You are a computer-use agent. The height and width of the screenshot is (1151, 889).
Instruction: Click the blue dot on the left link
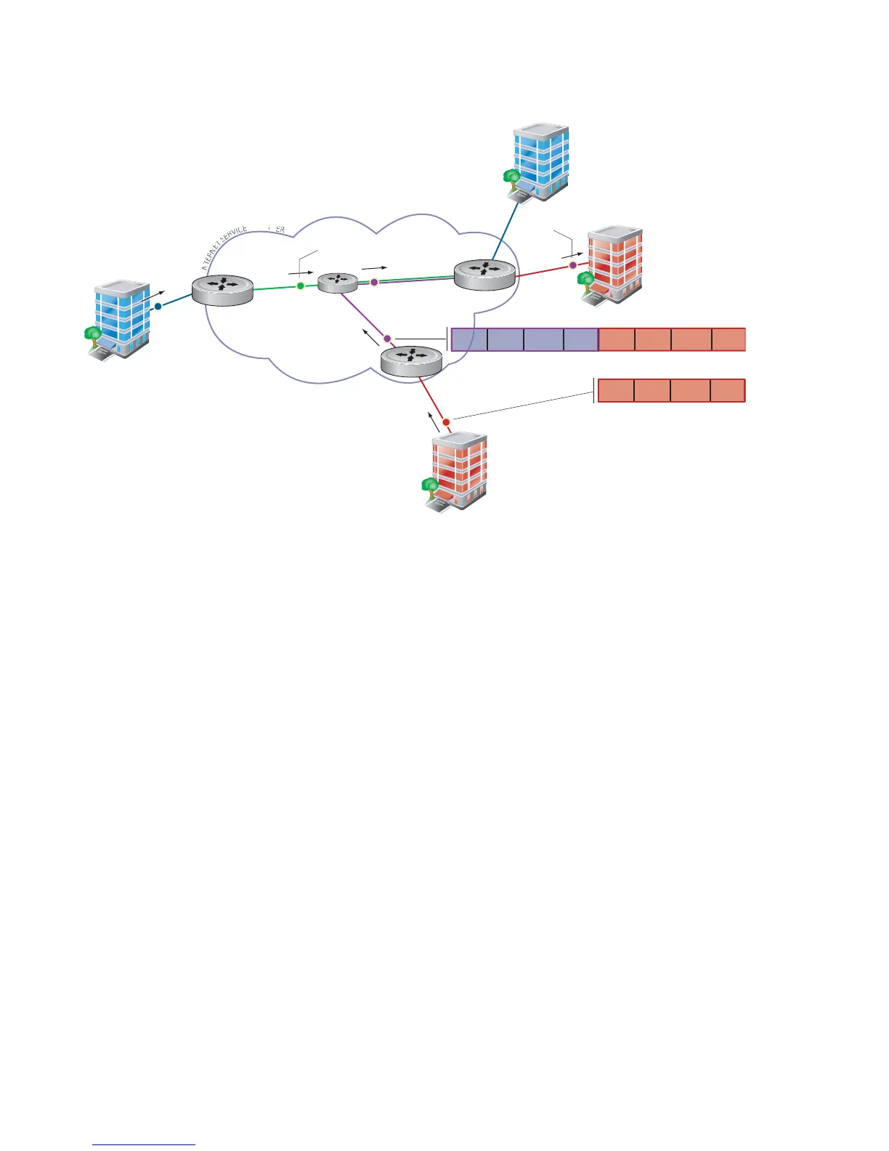click(158, 306)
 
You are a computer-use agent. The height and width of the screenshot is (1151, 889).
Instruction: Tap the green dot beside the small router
click(300, 286)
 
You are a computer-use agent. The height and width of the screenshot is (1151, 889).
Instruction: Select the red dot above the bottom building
click(446, 421)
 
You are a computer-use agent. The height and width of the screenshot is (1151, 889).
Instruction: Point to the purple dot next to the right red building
click(572, 265)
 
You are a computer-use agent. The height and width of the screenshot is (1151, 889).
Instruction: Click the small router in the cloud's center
click(338, 283)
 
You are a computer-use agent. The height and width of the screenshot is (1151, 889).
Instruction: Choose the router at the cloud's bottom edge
click(411, 361)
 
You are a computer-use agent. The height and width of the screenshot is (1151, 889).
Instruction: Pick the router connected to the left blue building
click(222, 290)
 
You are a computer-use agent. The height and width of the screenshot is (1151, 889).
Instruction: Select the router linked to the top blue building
click(484, 274)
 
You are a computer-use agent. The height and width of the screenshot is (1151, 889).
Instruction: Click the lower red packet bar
click(671, 390)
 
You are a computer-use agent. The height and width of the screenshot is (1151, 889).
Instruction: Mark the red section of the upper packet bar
click(672, 340)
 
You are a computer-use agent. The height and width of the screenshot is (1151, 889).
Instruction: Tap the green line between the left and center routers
click(276, 288)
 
